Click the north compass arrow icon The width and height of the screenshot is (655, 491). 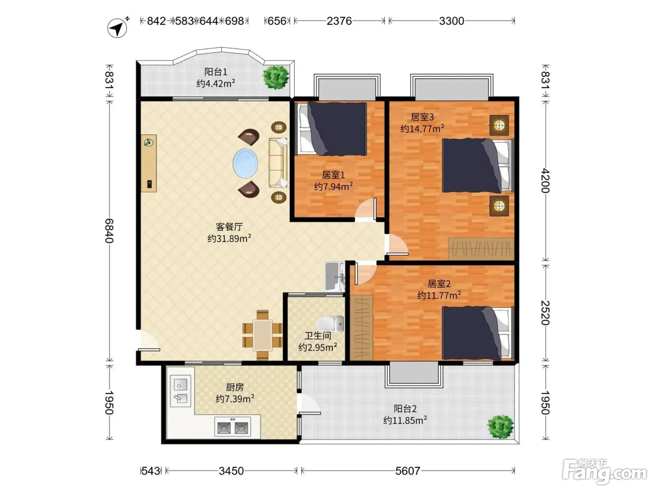click(117, 28)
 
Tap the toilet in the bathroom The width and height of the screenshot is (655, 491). click(330, 324)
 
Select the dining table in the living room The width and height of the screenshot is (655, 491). click(262, 335)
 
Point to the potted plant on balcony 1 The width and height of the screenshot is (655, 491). click(276, 77)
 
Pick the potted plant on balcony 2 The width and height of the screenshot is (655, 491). click(501, 427)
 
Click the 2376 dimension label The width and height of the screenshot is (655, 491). click(339, 21)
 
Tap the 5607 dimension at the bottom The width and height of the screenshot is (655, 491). click(408, 471)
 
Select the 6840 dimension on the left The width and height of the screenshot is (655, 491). click(109, 231)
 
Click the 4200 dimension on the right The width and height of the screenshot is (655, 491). click(546, 181)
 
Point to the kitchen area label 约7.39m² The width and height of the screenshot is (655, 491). click(235, 398)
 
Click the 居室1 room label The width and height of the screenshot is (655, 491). click(333, 175)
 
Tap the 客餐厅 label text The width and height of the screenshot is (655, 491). click(229, 227)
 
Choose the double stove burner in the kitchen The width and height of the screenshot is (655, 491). click(233, 426)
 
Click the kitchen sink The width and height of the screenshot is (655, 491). click(180, 391)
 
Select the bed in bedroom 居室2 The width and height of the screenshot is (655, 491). click(478, 333)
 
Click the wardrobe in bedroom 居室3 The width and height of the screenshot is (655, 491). click(481, 248)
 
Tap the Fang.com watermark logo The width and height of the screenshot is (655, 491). click(604, 472)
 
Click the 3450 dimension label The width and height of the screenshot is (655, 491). click(231, 471)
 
